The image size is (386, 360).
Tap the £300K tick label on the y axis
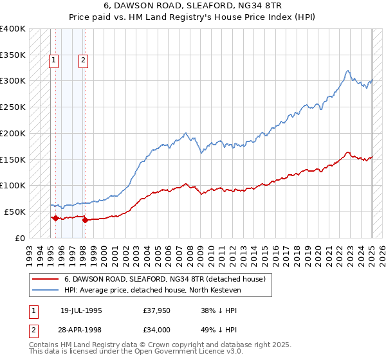coord(13,81)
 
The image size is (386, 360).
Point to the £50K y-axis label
coord(15,212)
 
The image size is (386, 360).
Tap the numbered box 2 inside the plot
coord(84,61)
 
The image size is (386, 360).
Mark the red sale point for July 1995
coord(55,218)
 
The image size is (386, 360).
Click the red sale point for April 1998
coord(85,220)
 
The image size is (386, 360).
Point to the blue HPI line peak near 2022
coord(347,71)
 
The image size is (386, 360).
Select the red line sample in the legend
coord(46,279)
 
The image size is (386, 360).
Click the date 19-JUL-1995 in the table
coord(81,310)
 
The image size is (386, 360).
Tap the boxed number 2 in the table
coord(33,330)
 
